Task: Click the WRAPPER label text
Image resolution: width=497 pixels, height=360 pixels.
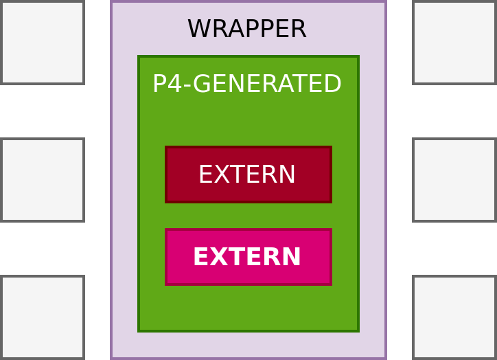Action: [x=246, y=29]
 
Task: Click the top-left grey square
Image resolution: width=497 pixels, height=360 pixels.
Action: [x=43, y=43]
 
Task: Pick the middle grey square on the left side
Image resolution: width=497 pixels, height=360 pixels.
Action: [x=43, y=180]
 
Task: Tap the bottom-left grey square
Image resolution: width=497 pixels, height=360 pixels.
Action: [x=43, y=317]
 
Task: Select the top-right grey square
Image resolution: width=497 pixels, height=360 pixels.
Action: [x=454, y=43]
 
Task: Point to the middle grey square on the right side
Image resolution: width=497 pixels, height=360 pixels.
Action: [x=454, y=180]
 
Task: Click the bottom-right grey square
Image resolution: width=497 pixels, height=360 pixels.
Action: [x=454, y=317]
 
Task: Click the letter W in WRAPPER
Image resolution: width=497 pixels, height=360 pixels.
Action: [x=198, y=29]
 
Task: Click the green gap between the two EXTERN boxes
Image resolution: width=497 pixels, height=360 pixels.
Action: [x=248, y=216]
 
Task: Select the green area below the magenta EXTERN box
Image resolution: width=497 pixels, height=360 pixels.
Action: [x=248, y=308]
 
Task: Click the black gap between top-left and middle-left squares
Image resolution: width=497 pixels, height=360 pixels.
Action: [x=43, y=111]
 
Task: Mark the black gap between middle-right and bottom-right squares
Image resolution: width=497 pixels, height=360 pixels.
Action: [x=454, y=249]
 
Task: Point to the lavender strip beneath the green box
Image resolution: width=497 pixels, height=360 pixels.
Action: [x=248, y=345]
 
